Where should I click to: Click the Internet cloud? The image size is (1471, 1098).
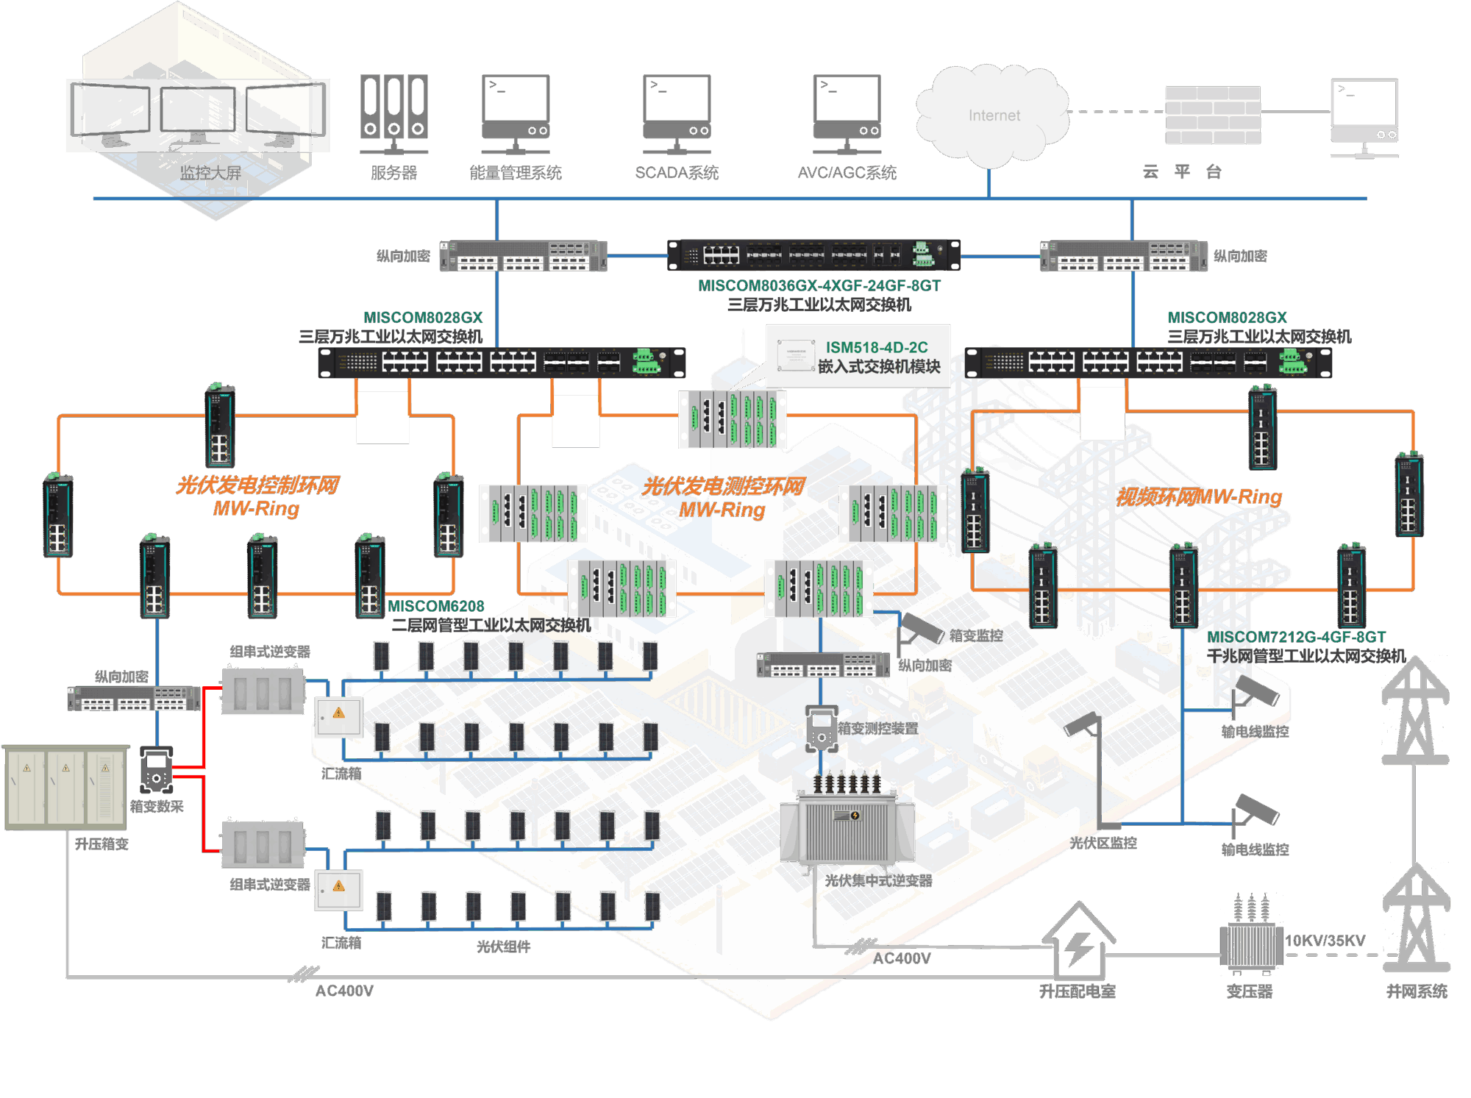[993, 115]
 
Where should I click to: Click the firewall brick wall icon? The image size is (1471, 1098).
[1213, 114]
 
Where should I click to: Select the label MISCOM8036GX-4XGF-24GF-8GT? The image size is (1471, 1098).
[819, 285]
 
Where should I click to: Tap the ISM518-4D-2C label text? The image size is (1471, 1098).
[877, 347]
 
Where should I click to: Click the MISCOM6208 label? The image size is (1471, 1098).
[436, 606]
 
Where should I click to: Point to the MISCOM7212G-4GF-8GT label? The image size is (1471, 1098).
[1297, 637]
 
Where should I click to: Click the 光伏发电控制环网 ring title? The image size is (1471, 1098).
[257, 485]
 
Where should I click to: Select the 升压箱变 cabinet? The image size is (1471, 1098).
[66, 787]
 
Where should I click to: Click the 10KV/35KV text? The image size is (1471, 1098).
[1325, 941]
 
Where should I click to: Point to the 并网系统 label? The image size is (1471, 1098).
[1417, 991]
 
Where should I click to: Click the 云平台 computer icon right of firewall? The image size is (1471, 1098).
[1364, 118]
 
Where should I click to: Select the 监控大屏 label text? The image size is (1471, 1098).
[211, 173]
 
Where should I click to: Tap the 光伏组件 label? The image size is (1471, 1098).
[503, 947]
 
